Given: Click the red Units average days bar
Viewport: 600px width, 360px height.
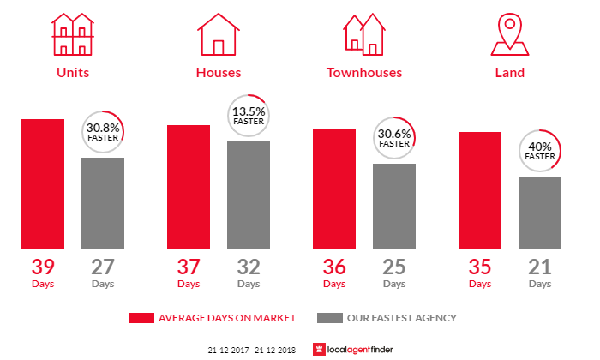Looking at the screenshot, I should tap(43, 183).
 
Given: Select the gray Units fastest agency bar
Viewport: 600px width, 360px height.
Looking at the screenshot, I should tap(103, 203).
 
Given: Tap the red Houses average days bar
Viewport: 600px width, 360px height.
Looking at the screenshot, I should tap(189, 187).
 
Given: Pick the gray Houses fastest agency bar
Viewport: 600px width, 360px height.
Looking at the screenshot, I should tap(249, 195).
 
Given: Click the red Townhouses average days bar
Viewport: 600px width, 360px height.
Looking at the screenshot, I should tap(334, 189).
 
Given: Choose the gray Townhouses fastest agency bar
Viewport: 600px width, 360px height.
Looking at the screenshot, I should tap(394, 206).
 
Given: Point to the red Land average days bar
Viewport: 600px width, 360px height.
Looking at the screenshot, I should tap(480, 190).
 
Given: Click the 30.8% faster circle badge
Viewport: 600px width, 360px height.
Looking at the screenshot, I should tap(103, 132).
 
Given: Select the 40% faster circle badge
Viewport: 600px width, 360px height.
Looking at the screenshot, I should tap(540, 151).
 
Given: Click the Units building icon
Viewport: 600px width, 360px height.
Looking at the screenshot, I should tap(72, 35).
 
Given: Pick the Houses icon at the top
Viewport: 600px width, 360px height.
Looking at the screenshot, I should tap(219, 35).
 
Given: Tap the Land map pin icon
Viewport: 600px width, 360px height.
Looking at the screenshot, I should tap(510, 34).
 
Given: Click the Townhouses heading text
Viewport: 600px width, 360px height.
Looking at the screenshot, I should tap(364, 73).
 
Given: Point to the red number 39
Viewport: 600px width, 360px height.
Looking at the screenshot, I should tap(43, 266).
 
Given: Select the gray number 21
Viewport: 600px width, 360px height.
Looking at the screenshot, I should tap(540, 266).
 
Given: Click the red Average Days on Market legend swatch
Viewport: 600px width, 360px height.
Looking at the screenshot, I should tap(141, 318).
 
